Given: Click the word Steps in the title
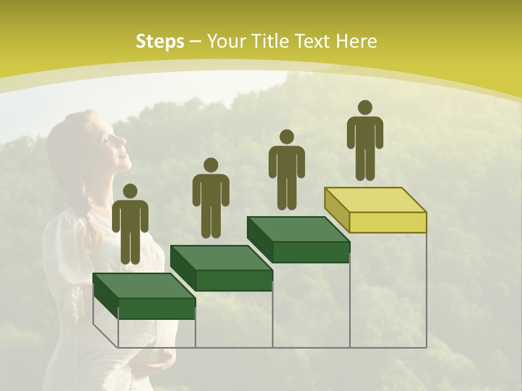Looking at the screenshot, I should tap(160, 42).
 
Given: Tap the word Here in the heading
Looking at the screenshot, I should tap(356, 41).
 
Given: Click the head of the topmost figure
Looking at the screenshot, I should tap(365, 108).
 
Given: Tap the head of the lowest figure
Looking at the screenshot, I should tap(130, 191).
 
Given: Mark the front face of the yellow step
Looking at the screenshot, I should tap(388, 222).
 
